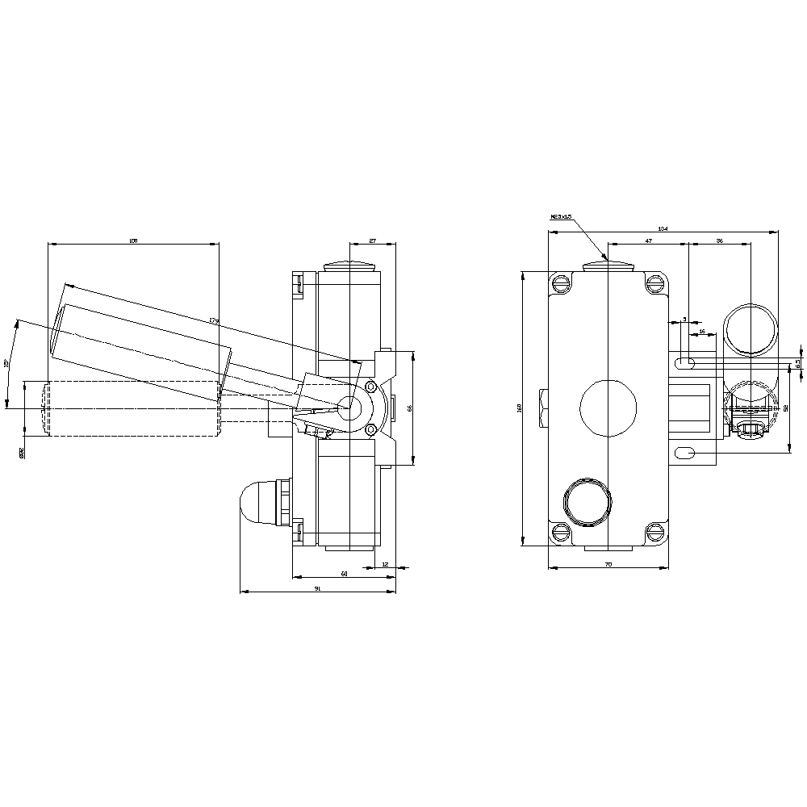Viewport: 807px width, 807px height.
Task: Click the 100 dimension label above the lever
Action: coord(134,240)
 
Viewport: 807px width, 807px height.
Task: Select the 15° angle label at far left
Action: coord(7,364)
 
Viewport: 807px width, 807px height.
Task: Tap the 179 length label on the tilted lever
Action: coord(214,320)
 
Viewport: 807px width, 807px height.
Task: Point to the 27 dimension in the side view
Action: coord(372,240)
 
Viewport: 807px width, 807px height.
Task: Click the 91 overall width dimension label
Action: coord(317,589)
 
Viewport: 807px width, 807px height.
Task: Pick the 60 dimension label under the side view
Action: coord(345,574)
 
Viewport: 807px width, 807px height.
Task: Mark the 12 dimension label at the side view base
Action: coord(385,564)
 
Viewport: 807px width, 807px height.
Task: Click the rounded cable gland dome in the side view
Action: coord(257,503)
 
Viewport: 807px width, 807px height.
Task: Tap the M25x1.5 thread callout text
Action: coord(561,216)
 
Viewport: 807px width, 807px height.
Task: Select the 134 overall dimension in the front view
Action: coord(663,229)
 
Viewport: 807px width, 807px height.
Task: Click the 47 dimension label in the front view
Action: coord(648,240)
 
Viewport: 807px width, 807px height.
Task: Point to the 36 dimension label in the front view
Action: coord(719,240)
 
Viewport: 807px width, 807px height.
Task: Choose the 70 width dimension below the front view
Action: coord(608,564)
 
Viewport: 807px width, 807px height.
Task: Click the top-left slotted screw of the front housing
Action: coord(561,282)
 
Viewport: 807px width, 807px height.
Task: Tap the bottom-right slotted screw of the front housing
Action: coord(654,531)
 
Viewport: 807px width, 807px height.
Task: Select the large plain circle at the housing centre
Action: coord(608,408)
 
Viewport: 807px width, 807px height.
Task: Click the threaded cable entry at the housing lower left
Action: coord(586,501)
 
